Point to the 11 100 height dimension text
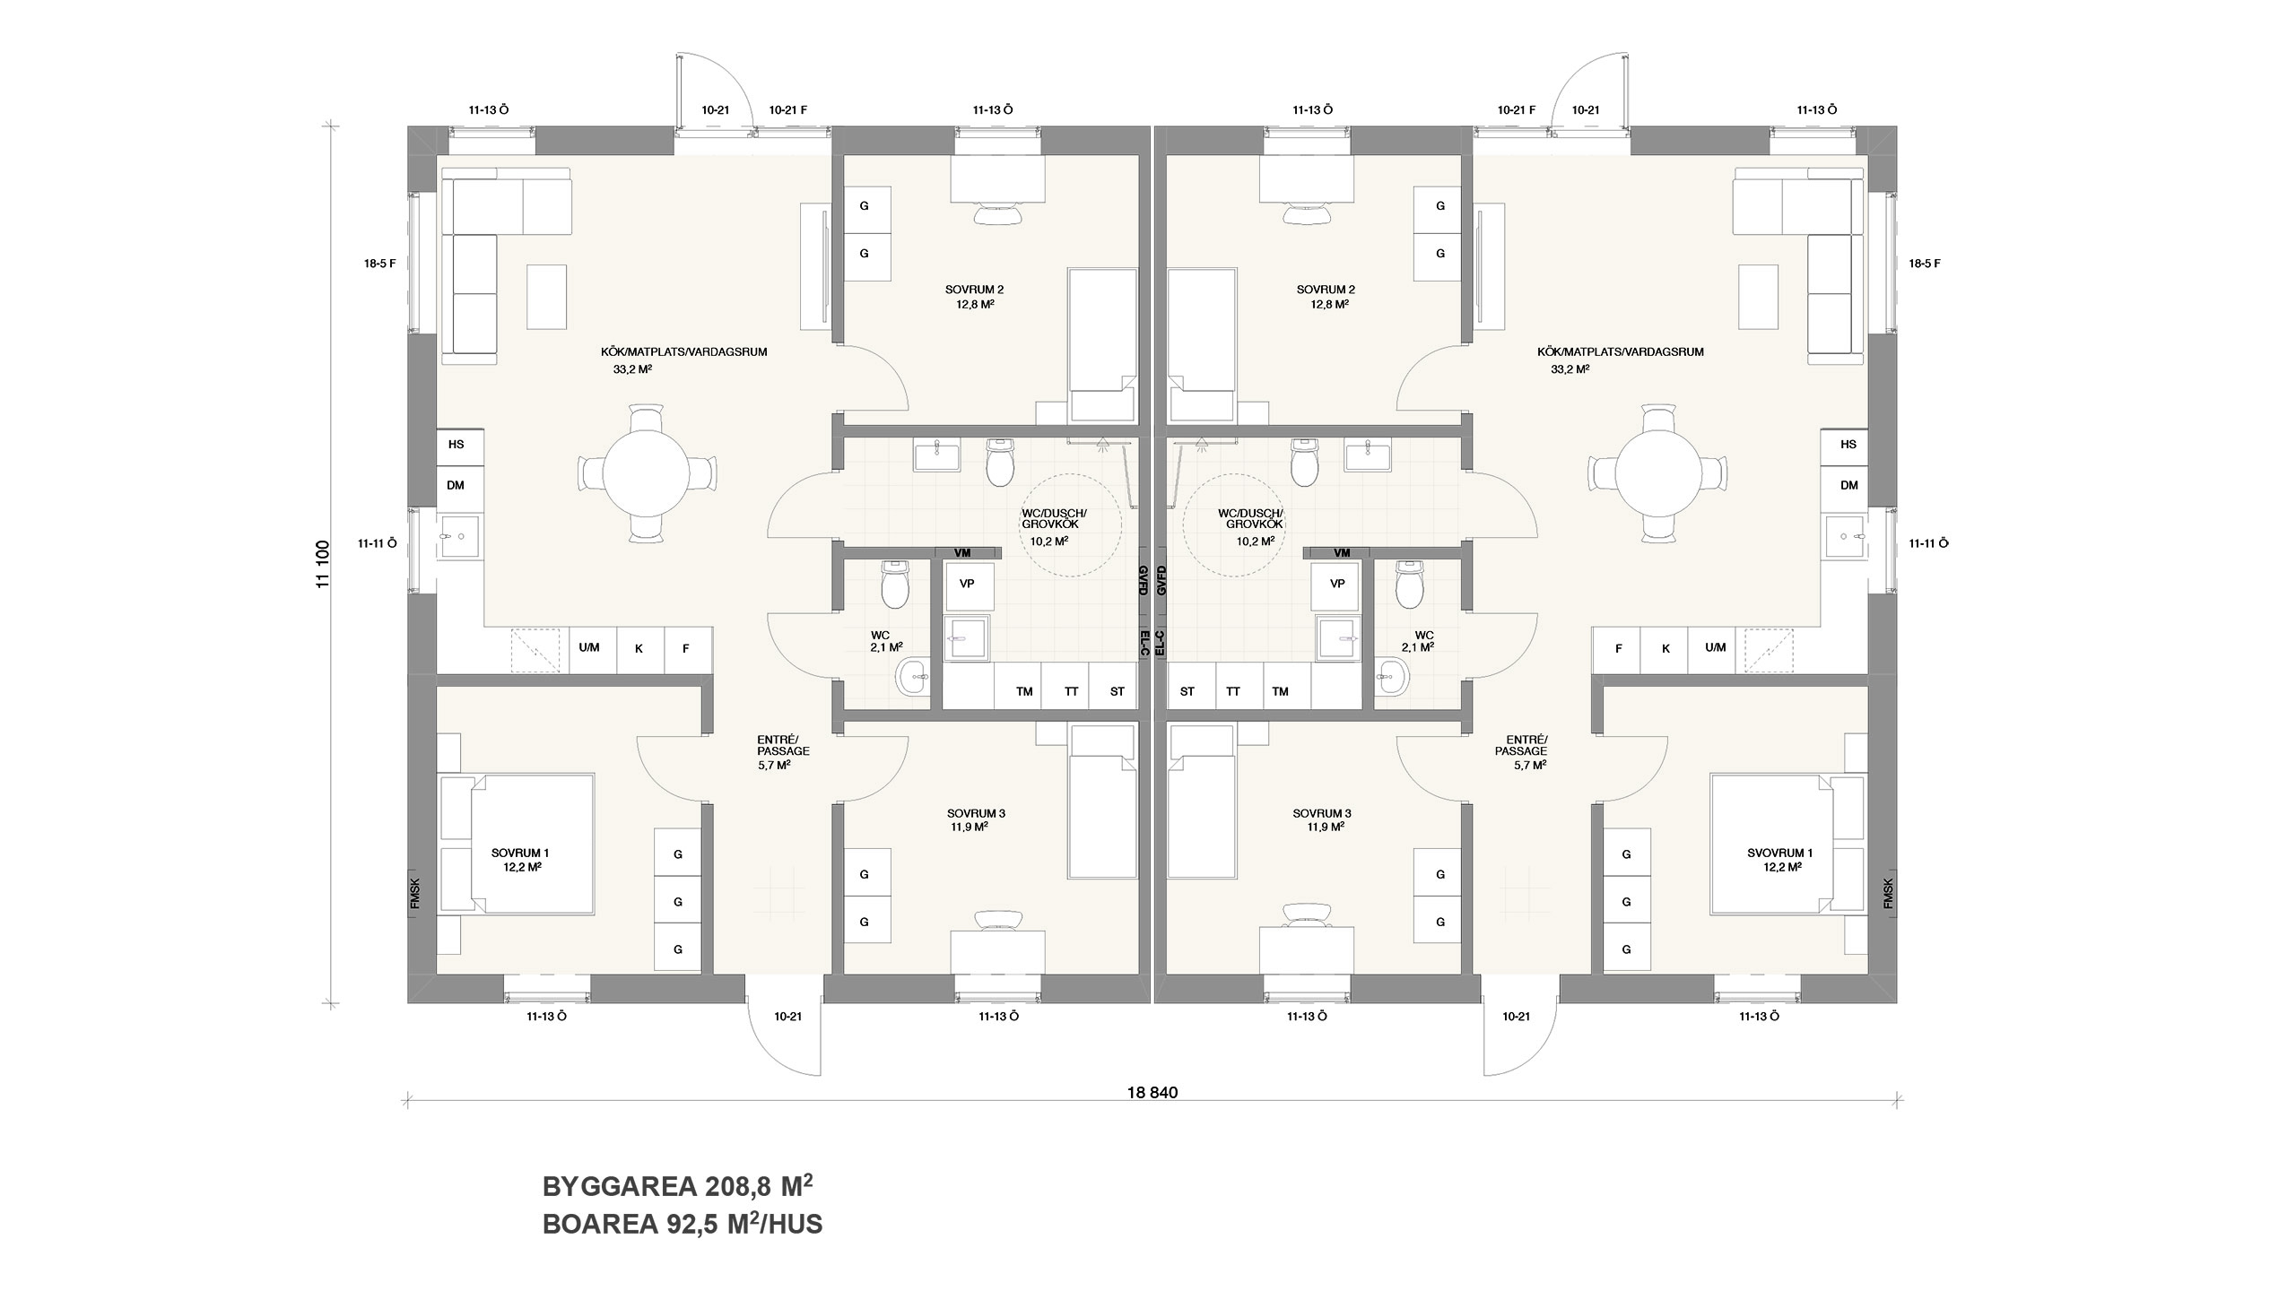coord(324,563)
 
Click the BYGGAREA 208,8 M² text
coord(678,1186)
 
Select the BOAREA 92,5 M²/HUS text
coord(683,1224)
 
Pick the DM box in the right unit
coord(1848,485)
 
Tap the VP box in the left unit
coord(967,584)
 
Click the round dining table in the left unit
coord(645,473)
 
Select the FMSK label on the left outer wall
coord(414,894)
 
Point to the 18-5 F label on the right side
coord(1925,264)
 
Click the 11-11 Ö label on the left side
coord(377,543)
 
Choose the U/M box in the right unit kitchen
coord(1715,647)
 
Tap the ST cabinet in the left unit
coord(1117,691)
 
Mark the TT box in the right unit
coord(1233,691)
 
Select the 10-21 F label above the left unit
coord(788,110)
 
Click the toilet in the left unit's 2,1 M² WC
coord(895,585)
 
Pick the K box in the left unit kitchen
coord(639,648)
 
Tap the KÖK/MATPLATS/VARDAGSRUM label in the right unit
coord(1620,352)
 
